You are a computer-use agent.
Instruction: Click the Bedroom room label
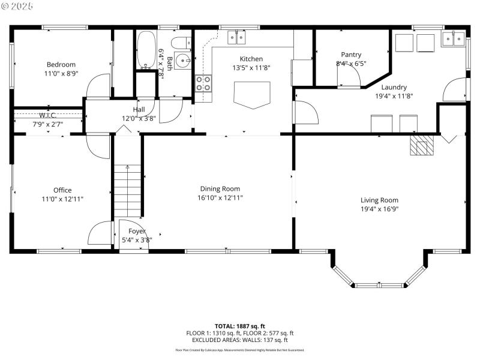[61, 64]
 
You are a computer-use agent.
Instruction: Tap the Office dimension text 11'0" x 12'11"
[62, 198]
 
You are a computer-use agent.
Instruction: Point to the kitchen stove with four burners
[203, 83]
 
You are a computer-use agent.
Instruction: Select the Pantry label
[351, 55]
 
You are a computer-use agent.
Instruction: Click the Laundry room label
[394, 87]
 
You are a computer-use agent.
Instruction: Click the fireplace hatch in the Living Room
[421, 145]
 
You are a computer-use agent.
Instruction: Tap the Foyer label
[137, 231]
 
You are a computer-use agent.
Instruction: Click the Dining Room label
[220, 189]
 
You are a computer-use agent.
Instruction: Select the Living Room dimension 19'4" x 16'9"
[379, 209]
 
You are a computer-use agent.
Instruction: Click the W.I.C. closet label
[48, 115]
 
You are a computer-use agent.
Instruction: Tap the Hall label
[139, 110]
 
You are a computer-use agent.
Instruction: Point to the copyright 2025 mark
[18, 5]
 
